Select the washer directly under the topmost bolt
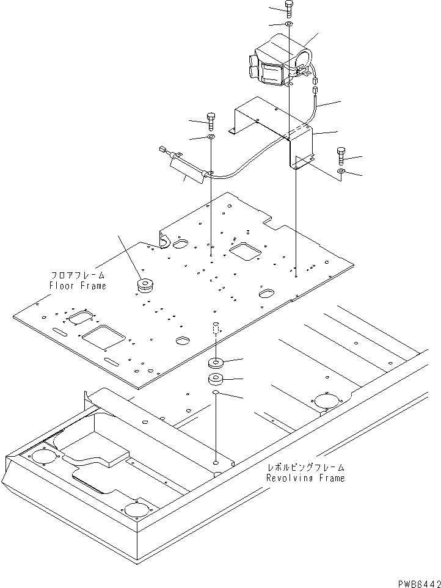289,24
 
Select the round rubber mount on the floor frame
145,285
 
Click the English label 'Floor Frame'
78,285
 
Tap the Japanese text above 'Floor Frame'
78,276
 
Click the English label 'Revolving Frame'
305,477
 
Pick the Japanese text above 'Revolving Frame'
305,468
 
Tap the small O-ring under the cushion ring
216,394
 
